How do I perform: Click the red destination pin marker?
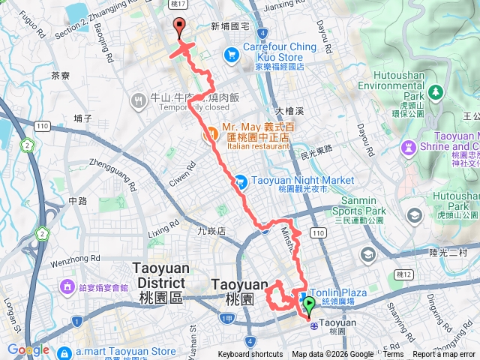click(x=179, y=28)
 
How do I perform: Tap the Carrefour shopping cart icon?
click(x=230, y=54)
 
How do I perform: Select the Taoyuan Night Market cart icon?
click(x=240, y=181)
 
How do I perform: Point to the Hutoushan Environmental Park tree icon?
click(x=435, y=92)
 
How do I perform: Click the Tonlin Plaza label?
click(x=348, y=293)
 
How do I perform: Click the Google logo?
click(x=28, y=350)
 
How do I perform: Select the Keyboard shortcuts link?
click(x=250, y=355)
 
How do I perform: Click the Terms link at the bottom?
click(x=393, y=355)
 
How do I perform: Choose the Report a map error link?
click(x=445, y=355)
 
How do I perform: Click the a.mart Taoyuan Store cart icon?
click(x=64, y=351)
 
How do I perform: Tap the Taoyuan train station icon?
click(x=311, y=322)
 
